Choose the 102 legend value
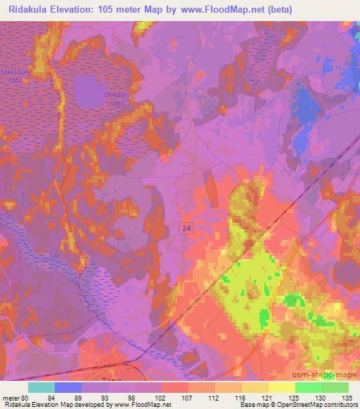[x=162, y=397]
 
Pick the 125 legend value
[x=295, y=397]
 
